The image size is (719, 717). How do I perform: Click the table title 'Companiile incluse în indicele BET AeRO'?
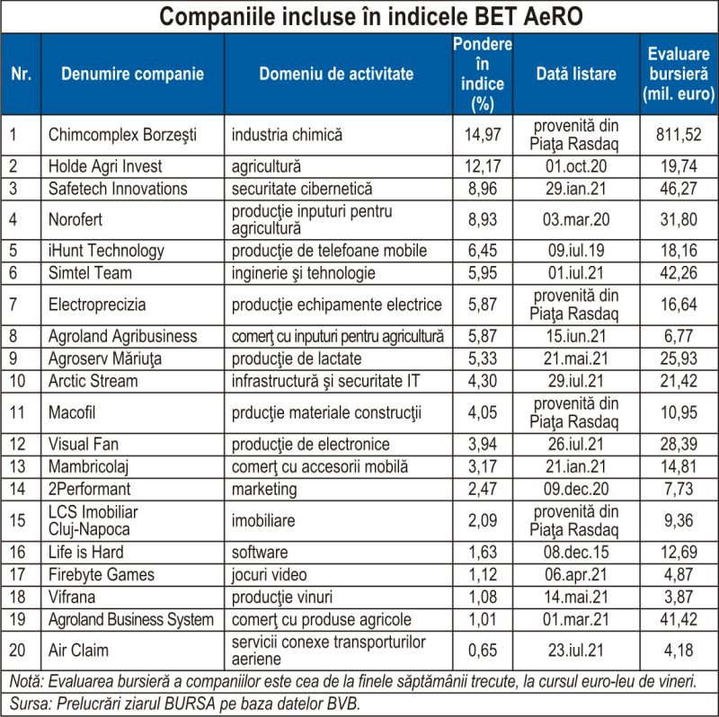click(x=370, y=16)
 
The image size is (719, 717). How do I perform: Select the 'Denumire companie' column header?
click(x=132, y=74)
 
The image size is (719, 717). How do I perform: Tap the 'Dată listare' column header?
click(x=576, y=74)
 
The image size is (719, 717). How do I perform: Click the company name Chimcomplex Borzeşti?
click(x=122, y=135)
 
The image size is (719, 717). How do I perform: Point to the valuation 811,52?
click(x=679, y=135)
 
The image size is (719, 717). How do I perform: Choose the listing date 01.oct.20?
click(x=576, y=166)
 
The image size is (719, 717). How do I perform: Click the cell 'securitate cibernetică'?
click(x=302, y=189)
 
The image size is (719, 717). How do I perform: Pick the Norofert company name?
click(x=75, y=219)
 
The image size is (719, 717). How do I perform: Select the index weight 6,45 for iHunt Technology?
click(x=483, y=251)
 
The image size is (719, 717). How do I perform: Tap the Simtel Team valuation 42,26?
click(x=679, y=273)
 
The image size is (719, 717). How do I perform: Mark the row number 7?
click(x=13, y=305)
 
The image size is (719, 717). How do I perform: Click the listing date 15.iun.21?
click(x=576, y=336)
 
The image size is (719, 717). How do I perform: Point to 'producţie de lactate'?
click(x=297, y=358)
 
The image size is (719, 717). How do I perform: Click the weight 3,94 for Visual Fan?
click(x=483, y=444)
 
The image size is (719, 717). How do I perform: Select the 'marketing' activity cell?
click(x=264, y=489)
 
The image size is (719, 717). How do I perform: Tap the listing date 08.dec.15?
click(x=576, y=552)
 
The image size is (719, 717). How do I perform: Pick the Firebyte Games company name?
click(x=102, y=574)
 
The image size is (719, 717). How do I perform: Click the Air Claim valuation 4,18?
click(x=679, y=651)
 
